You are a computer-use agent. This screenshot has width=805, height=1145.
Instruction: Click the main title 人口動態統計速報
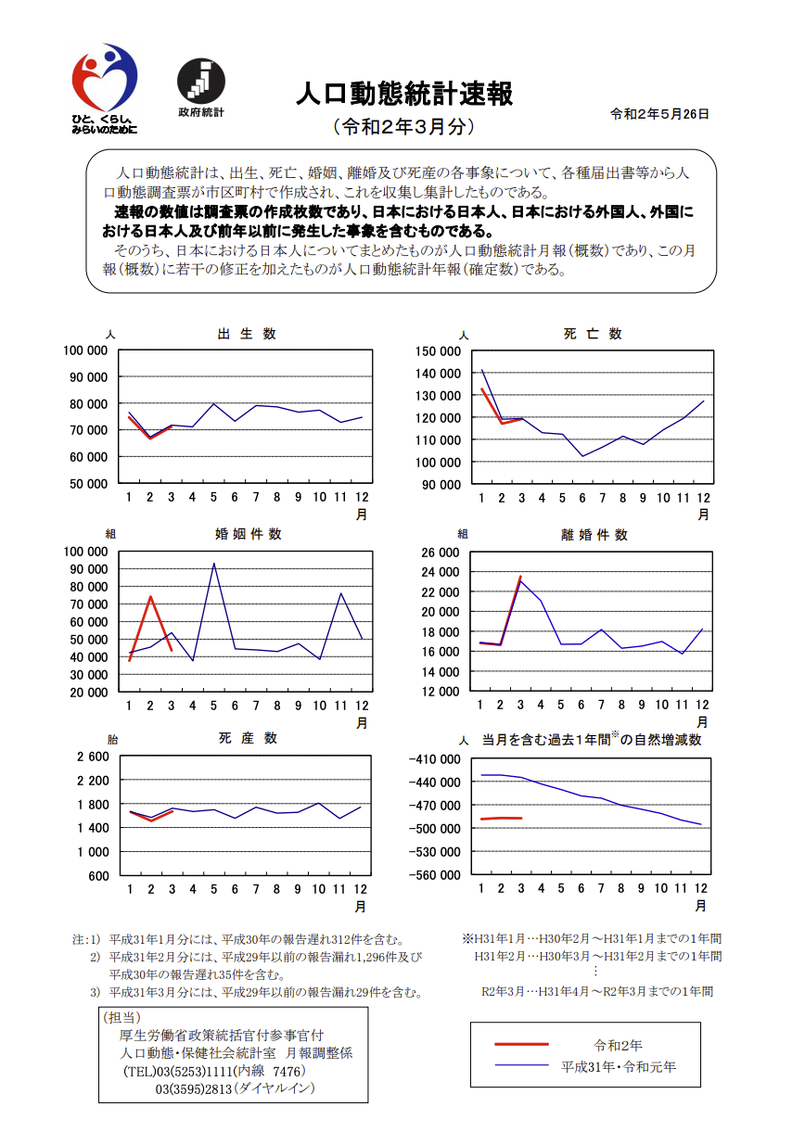coord(403,94)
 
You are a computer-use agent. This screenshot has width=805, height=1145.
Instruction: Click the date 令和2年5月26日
coord(659,114)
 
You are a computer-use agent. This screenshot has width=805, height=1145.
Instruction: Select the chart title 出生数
coord(246,334)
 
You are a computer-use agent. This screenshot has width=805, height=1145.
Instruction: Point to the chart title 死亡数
coord(592,334)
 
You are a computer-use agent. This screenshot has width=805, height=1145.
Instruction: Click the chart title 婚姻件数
coord(248,534)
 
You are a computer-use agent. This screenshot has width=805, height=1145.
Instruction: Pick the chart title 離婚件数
coord(594,535)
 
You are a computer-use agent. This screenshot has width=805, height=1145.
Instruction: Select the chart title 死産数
coord(248,738)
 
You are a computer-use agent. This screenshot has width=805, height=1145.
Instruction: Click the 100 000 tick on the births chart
coord(85,350)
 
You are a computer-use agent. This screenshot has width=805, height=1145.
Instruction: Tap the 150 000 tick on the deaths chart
coord(438,350)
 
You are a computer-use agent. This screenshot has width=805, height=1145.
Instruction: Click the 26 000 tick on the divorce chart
coord(441,553)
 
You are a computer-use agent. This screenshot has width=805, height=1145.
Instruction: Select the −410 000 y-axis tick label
coord(435,759)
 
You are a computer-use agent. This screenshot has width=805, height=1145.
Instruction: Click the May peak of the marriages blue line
coord(214,564)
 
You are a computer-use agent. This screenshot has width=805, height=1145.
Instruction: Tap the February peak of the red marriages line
coord(150,596)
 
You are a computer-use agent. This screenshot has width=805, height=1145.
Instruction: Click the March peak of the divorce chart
coord(520,578)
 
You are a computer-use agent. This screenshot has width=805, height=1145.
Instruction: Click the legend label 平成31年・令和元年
coord(619,1066)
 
